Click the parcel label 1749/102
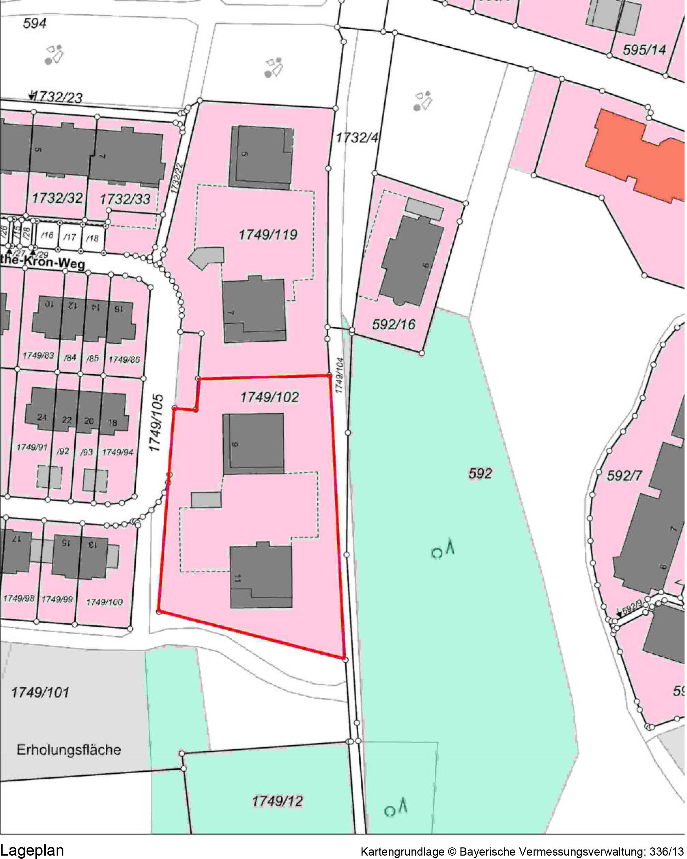pyautogui.click(x=270, y=397)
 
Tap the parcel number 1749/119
pyautogui.click(x=268, y=235)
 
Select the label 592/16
pyautogui.click(x=393, y=325)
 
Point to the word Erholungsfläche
pyautogui.click(x=69, y=750)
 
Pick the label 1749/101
pyautogui.click(x=40, y=692)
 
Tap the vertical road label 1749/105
pyautogui.click(x=156, y=423)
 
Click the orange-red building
pyautogui.click(x=634, y=155)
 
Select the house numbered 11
pyautogui.click(x=261, y=576)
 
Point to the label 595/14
pyautogui.click(x=644, y=50)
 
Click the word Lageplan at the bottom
pyautogui.click(x=32, y=850)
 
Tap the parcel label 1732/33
pyautogui.click(x=125, y=199)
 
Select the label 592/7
pyautogui.click(x=624, y=476)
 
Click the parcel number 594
pyautogui.click(x=35, y=23)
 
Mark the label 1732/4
pyautogui.click(x=357, y=138)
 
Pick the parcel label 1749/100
pyautogui.click(x=104, y=602)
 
